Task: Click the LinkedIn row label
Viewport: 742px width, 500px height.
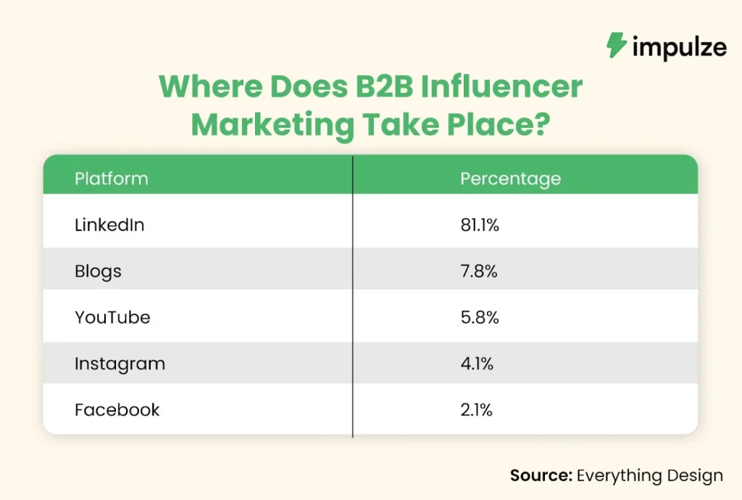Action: [109, 225]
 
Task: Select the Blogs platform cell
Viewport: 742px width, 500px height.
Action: [98, 271]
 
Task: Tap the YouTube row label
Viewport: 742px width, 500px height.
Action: [112, 318]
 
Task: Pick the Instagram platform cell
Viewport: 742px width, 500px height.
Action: [120, 364]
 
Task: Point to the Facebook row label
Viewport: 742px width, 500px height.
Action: [117, 410]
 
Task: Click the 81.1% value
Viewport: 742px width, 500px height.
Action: [480, 225]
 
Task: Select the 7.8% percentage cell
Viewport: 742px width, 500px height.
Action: [478, 271]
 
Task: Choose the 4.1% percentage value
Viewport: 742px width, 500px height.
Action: [477, 364]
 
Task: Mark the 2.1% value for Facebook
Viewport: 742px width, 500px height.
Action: [476, 410]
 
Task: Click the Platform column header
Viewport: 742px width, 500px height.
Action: [111, 179]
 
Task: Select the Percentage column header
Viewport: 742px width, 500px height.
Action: [510, 179]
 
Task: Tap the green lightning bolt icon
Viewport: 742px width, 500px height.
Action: [617, 46]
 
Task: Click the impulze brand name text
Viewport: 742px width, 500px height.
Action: [678, 48]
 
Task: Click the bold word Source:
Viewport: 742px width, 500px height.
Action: [541, 475]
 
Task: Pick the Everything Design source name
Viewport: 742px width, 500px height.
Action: [650, 475]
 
